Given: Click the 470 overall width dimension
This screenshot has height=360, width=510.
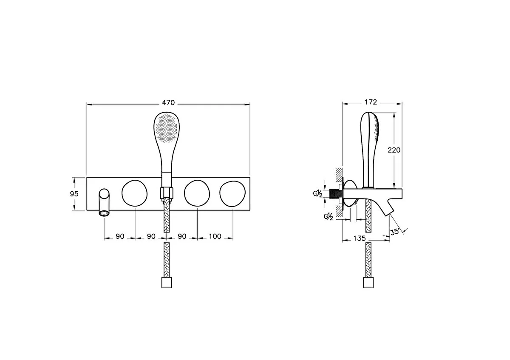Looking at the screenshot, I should pos(168,102).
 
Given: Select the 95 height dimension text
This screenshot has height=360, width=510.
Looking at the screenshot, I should pos(74,193).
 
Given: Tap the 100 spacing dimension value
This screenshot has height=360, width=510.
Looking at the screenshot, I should pos(215,236).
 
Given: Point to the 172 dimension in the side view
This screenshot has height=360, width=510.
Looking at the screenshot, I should pos(371,102).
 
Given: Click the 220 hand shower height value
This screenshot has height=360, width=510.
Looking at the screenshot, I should pos(394,150).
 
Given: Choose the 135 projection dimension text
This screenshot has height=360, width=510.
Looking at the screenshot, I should pos(360,238).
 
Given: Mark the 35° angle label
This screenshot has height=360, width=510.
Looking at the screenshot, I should pos(395,232).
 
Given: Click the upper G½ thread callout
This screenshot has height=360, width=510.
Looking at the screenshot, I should pos(317,194).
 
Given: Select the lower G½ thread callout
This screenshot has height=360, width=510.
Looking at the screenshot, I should pos(328,217).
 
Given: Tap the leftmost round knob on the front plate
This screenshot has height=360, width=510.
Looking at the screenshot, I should pos(135,193).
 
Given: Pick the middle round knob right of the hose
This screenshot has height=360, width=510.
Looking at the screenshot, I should pos(197,193).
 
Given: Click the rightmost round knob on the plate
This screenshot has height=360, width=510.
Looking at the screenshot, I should pos(232,193).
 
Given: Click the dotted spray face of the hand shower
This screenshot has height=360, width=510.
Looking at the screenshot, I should pos(166,127).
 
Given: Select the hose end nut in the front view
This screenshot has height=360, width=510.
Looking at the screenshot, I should pos(166,282).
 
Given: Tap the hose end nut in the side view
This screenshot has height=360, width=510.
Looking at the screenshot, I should pos(368,282).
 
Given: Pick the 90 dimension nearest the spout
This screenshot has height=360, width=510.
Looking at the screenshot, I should pos(120,236).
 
